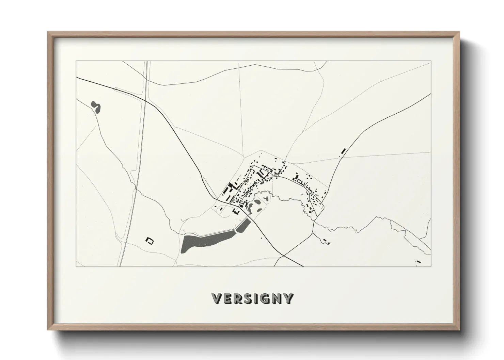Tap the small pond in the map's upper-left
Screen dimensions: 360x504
[96, 107]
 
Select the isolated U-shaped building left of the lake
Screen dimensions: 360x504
[149, 241]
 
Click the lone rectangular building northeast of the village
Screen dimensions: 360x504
[343, 150]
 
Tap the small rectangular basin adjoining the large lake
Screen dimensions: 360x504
[243, 225]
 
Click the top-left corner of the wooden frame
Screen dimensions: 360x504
[48, 32]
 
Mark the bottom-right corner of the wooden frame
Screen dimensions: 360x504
[459, 330]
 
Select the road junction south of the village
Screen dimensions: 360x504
[284, 255]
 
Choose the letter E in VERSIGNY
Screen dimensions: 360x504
[227, 298]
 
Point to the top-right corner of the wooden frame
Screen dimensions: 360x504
[459, 32]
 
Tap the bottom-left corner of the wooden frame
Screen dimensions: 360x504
[48, 330]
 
